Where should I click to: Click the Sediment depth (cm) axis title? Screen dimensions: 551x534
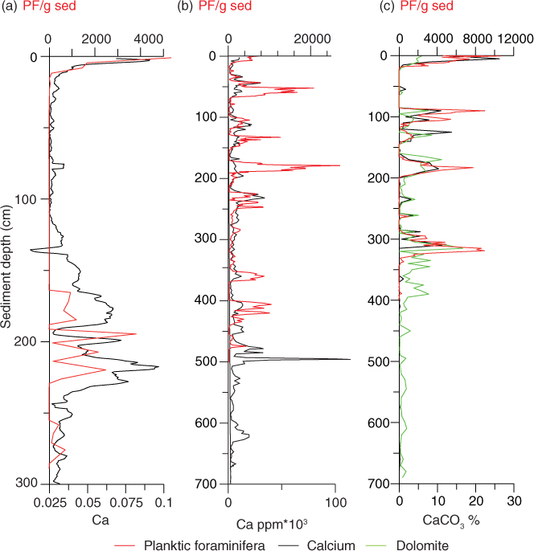click(x=8, y=265)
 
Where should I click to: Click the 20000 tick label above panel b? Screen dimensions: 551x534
click(x=313, y=38)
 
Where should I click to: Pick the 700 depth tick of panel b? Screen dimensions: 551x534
click(x=207, y=484)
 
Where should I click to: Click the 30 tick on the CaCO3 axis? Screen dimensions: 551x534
click(x=514, y=500)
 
